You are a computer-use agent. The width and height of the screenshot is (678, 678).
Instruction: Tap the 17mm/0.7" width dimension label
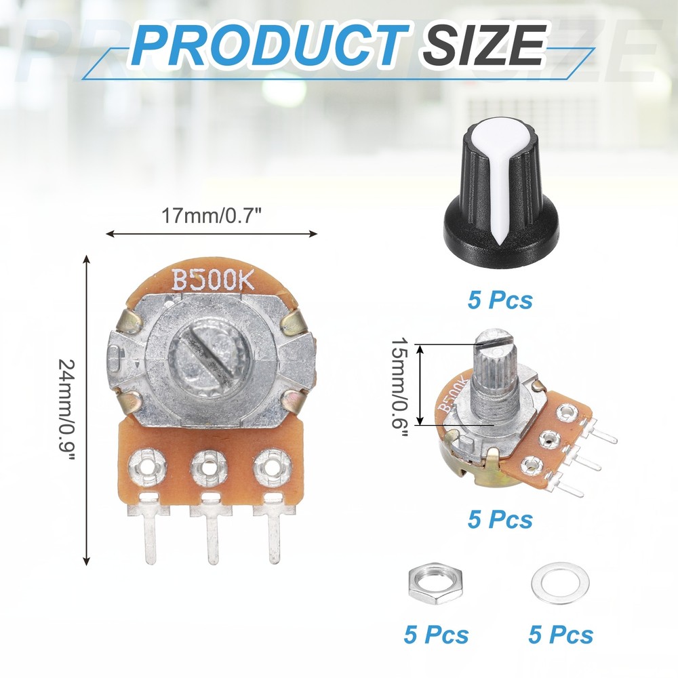[212, 216]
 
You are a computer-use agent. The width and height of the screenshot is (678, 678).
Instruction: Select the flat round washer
[560, 583]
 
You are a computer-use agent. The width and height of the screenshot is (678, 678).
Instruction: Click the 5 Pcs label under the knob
[500, 299]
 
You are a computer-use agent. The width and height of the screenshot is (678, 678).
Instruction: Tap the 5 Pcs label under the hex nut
[435, 635]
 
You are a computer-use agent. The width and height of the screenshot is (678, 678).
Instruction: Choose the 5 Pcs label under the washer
[560, 635]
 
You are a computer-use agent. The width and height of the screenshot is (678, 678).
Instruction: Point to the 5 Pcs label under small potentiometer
[500, 519]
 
